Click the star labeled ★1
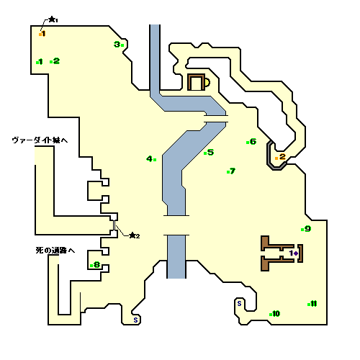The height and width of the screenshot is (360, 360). pyautogui.click(x=52, y=19)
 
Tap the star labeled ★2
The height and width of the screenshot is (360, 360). pyautogui.click(x=132, y=235)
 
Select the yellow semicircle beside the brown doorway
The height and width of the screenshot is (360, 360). pyautogui.click(x=207, y=82)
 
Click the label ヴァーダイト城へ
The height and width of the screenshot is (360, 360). pyautogui.click(x=40, y=140)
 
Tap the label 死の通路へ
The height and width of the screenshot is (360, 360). pyautogui.click(x=55, y=251)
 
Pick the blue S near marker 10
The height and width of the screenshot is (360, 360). pyautogui.click(x=239, y=304)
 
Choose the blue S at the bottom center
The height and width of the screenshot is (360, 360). pyautogui.click(x=135, y=320)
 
